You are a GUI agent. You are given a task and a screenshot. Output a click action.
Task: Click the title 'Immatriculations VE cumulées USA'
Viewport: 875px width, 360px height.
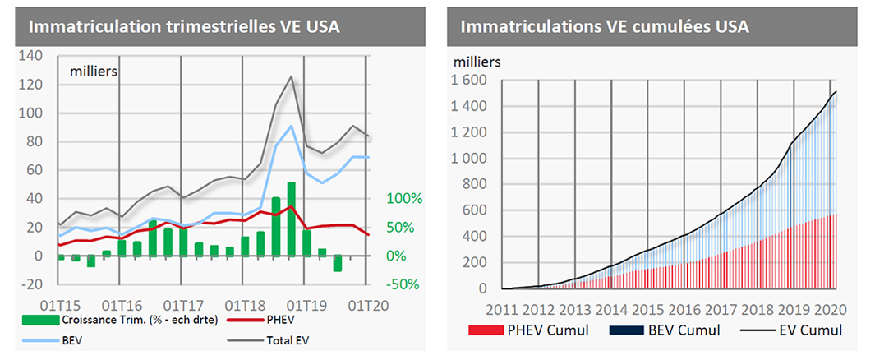(605, 26)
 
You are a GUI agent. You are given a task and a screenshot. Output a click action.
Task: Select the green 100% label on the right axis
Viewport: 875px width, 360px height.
(404, 199)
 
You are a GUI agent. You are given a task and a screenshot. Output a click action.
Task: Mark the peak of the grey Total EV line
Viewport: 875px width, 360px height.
(291, 76)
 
